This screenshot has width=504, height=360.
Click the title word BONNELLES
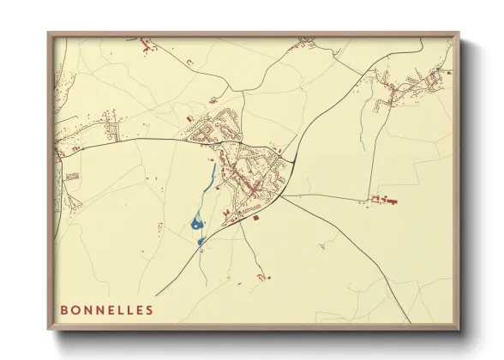tap(106, 309)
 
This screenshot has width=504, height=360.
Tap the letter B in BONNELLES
tap(63, 309)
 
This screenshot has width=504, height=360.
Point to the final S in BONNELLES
tap(150, 309)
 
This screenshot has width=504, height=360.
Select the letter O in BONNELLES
tap(75, 309)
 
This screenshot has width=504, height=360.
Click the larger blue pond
tap(197, 225)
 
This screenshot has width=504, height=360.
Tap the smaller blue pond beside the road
tap(201, 242)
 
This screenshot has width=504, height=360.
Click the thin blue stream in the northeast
tap(363, 129)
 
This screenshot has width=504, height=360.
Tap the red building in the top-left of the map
tap(144, 40)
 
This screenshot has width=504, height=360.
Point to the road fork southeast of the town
tap(283, 195)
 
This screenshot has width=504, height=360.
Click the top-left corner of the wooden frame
tap(49, 33)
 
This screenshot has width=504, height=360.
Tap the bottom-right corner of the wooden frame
tap(459, 329)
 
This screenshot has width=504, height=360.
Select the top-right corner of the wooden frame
tap(459, 33)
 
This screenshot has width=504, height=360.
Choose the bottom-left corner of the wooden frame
tap(49, 329)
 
